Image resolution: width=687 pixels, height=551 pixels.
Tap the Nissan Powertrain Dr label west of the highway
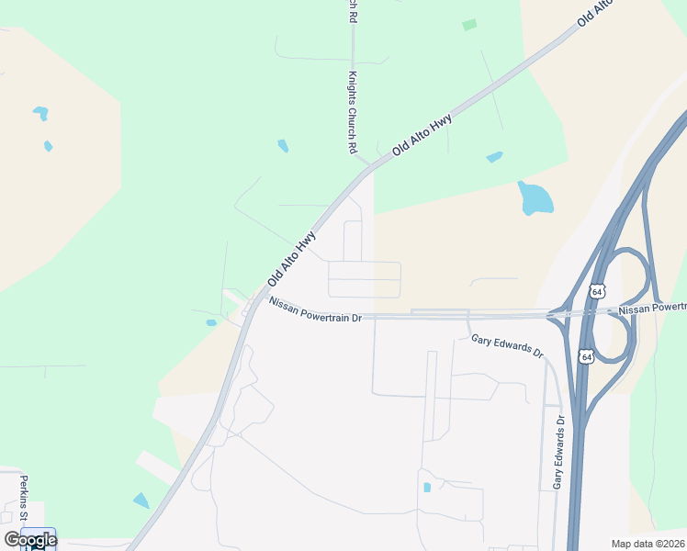tap(316, 312)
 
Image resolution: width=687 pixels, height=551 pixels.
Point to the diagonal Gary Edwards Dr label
tap(507, 346)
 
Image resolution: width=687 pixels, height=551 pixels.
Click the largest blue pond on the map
tap(535, 197)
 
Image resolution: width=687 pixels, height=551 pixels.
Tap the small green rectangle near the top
tap(469, 25)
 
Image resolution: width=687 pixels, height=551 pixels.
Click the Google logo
tap(30, 539)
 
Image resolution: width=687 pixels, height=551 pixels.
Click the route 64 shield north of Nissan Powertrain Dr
tap(597, 291)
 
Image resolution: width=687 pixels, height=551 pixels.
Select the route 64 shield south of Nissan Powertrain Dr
tap(585, 355)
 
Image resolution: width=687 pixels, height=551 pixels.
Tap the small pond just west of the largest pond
tap(494, 157)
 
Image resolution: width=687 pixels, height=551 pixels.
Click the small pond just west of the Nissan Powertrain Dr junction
tap(211, 322)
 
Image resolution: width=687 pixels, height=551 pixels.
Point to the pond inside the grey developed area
tap(427, 487)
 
